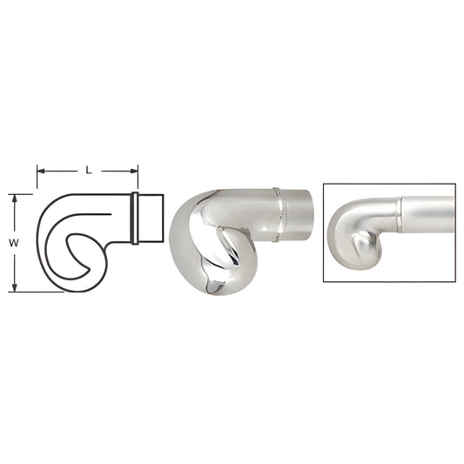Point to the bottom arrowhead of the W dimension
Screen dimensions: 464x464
pos(14,288)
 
